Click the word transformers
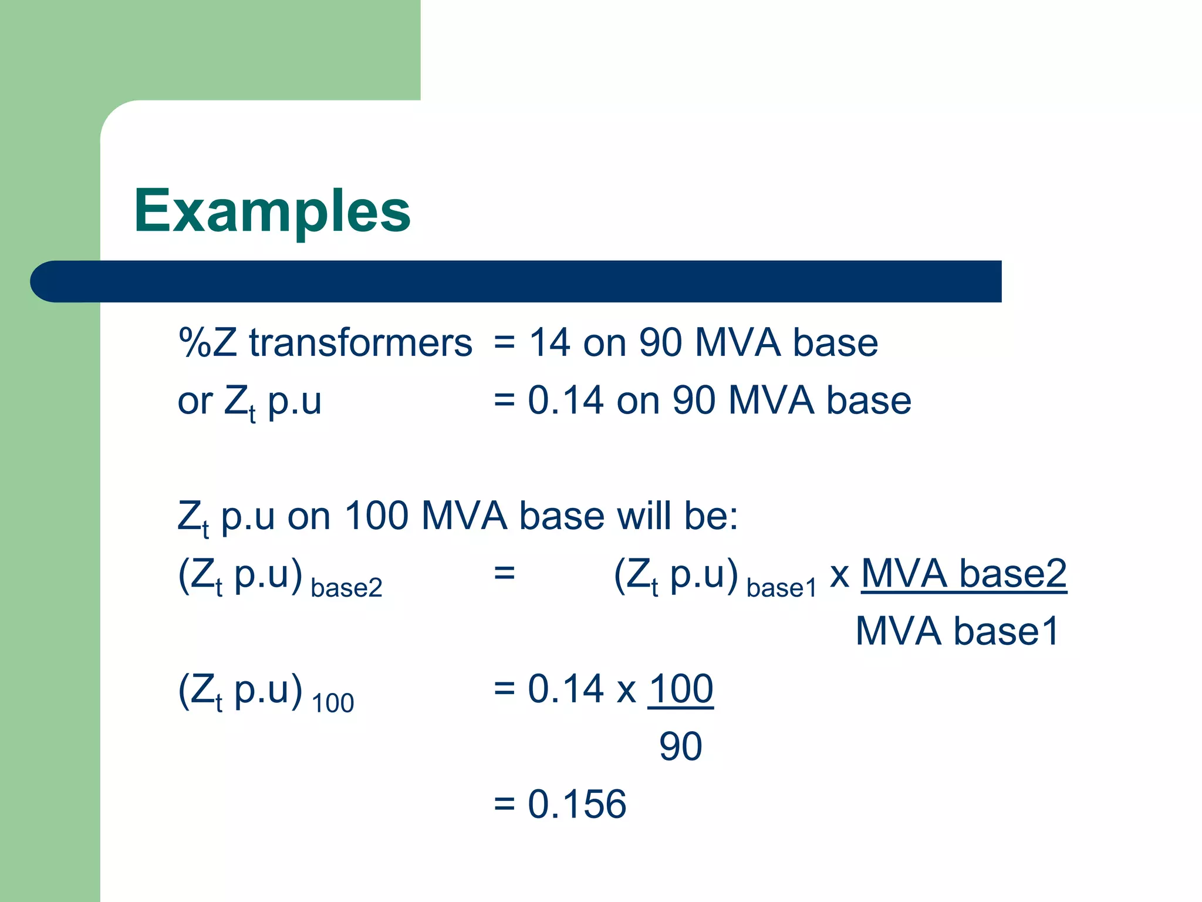[360, 342]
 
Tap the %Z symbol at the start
[207, 342]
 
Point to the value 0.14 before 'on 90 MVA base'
[566, 400]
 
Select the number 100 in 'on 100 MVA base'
[376, 516]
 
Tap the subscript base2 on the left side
[346, 588]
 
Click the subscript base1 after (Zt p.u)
[781, 588]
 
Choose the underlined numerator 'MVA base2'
[964, 574]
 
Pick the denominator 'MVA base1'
[957, 631]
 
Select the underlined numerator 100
[681, 689]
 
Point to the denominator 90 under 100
[681, 746]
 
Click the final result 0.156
[577, 804]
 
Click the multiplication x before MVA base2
[840, 575]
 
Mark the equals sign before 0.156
[504, 804]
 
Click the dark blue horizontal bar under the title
[516, 281]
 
